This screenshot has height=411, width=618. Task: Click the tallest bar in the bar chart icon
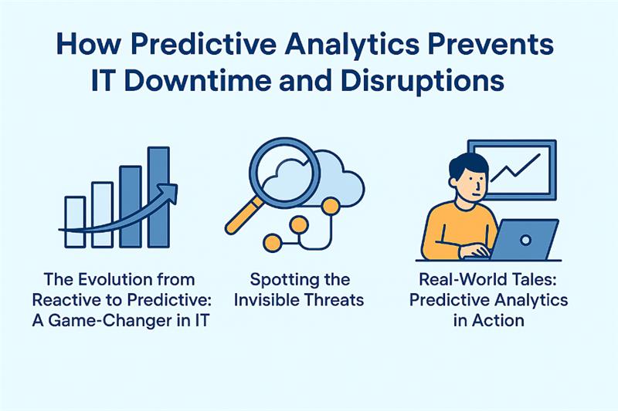158,197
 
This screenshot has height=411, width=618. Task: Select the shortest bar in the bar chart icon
74,221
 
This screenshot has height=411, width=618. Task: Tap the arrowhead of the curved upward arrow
168,189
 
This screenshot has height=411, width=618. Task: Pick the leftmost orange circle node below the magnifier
271,243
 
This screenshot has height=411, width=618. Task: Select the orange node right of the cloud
331,206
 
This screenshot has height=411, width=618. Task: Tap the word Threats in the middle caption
334,300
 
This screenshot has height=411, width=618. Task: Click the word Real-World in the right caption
450,279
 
